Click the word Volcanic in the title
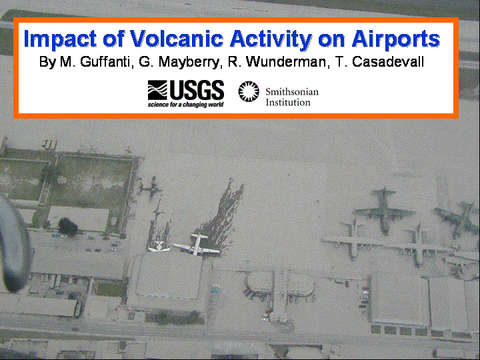(176, 39)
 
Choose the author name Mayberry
(189, 63)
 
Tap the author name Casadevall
(388, 62)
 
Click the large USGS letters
(197, 90)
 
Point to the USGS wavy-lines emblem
(157, 90)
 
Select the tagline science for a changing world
(186, 105)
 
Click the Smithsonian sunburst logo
(249, 91)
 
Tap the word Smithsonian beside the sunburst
(292, 91)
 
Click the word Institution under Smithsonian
(288, 102)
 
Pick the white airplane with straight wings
(196, 245)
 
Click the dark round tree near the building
(67, 227)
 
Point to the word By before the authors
(47, 63)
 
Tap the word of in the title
(113, 39)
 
